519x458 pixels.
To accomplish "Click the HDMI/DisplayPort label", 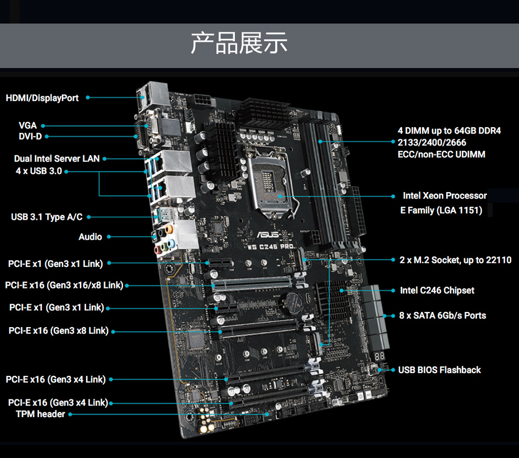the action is click(x=42, y=98).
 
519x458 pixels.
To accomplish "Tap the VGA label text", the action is click(x=27, y=126).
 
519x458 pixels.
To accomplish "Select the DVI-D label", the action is click(x=30, y=137).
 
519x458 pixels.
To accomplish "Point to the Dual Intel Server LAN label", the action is click(x=57, y=159).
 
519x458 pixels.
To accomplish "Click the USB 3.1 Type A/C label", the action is click(x=47, y=217).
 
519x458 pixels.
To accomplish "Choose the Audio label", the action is click(x=90, y=237).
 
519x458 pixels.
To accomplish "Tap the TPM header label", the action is click(x=40, y=414).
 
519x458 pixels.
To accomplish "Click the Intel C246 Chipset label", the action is click(x=437, y=291).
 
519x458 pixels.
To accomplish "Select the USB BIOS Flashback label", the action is click(x=439, y=370).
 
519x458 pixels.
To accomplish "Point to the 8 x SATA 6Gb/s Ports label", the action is click(x=442, y=316).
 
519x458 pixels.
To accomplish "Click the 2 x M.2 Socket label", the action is click(x=430, y=260).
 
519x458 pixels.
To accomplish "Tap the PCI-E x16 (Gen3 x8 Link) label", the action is click(x=59, y=331).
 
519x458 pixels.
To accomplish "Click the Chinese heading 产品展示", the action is click(x=239, y=43).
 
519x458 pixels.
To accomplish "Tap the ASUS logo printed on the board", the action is click(x=268, y=234).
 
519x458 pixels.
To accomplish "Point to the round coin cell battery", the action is click(x=294, y=303).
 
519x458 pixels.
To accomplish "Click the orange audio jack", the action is click(x=169, y=229).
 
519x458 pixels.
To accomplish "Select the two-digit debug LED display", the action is click(x=380, y=356).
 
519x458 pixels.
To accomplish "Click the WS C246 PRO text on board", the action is click(x=271, y=247).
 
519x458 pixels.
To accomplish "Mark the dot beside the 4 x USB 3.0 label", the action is click(x=66, y=172).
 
